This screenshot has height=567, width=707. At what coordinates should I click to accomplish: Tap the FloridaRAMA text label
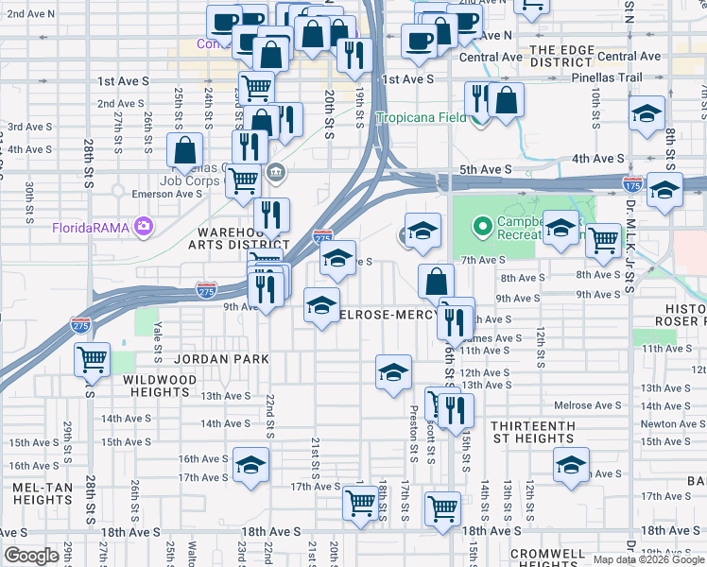92,226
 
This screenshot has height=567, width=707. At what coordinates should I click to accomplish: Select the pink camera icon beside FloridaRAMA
144,225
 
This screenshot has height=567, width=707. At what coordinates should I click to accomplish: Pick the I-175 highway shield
633,182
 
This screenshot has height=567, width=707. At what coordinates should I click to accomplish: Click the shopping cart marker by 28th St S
93,357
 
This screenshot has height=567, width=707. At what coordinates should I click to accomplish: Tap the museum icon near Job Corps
277,171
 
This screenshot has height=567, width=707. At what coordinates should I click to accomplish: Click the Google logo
31,556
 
